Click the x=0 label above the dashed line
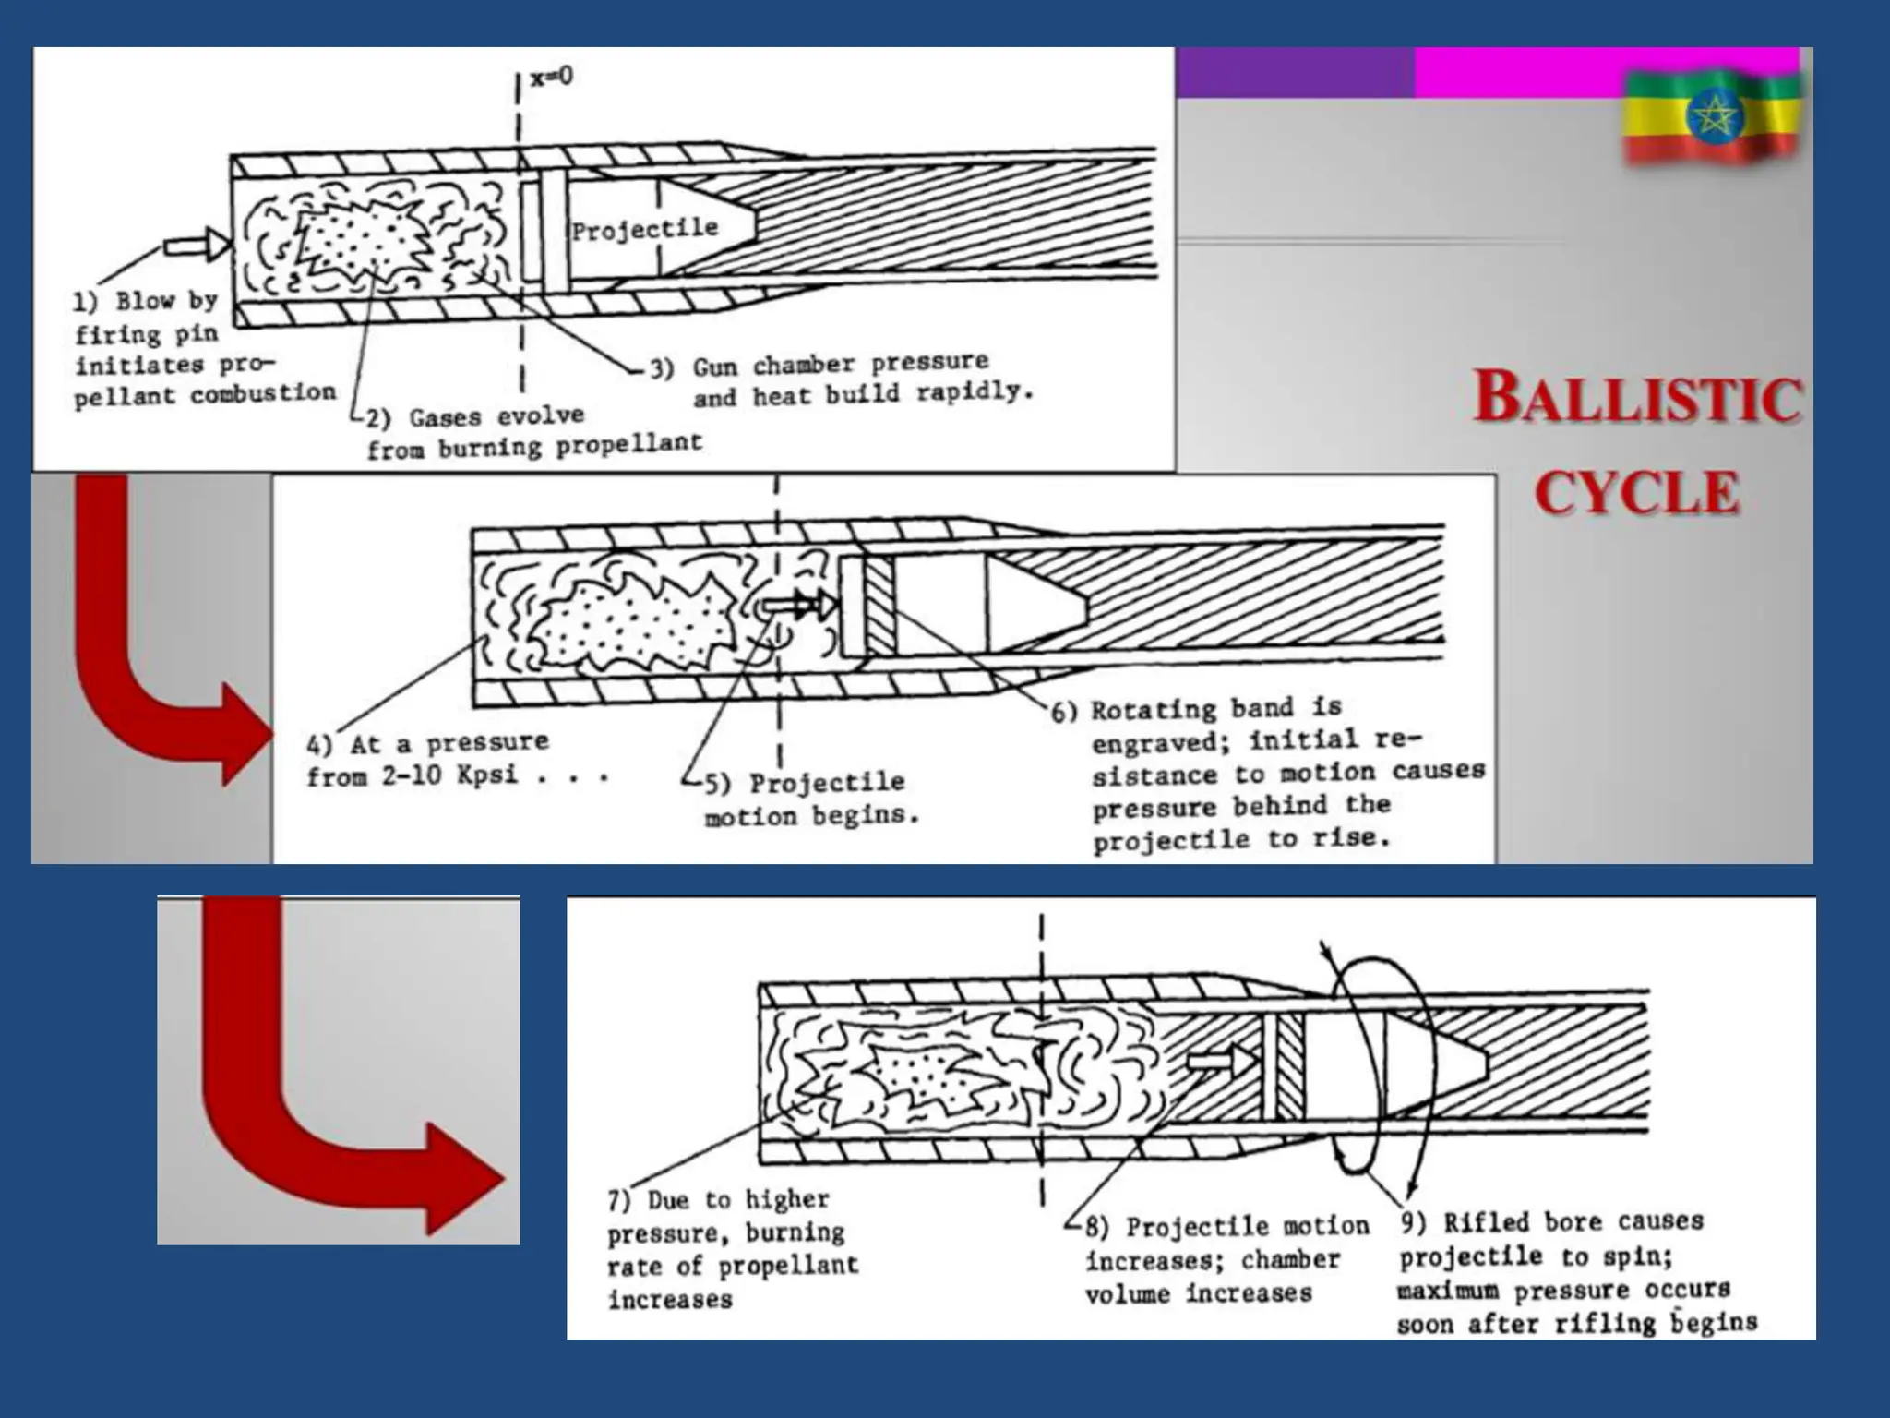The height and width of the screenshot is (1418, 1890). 551,76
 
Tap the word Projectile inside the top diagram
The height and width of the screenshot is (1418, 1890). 644,229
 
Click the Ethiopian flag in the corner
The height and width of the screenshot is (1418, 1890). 1712,115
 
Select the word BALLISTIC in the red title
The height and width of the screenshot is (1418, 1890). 1636,398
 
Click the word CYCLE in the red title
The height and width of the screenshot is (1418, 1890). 1637,493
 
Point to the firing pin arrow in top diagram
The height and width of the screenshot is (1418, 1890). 197,245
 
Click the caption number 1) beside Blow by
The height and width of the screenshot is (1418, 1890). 85,302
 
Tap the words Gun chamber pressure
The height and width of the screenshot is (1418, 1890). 840,365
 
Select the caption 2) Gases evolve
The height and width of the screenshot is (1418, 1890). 475,417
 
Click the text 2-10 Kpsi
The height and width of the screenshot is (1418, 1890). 449,775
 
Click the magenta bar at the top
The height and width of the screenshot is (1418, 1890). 1606,72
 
